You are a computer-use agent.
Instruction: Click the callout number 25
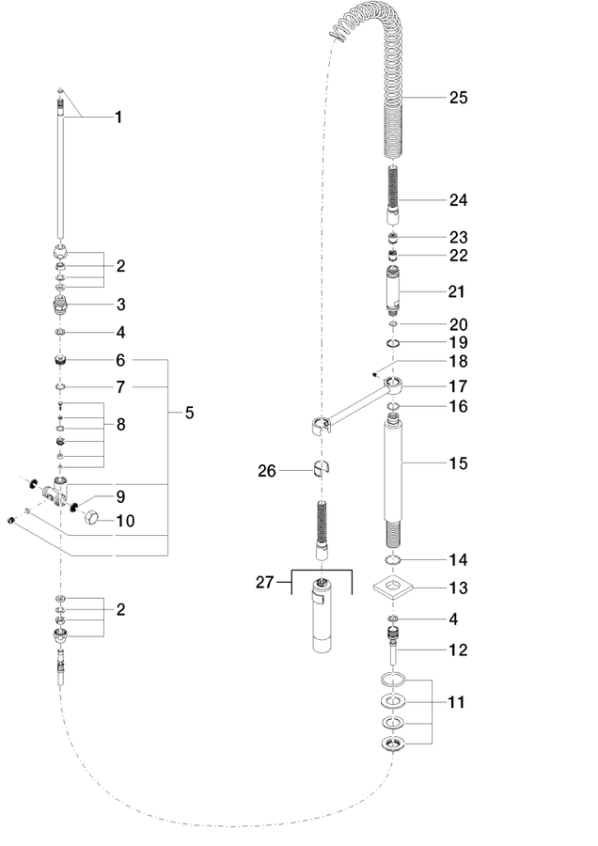pos(458,98)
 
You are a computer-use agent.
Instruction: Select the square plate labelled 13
pos(393,587)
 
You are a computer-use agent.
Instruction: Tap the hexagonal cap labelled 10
pos(92,518)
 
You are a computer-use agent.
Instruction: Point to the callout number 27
pos(264,583)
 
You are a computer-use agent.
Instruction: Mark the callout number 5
pos(189,413)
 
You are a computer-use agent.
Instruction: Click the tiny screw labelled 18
pos(373,371)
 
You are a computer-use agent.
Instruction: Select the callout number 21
pos(457,291)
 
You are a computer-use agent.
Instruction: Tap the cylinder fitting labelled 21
pos(393,290)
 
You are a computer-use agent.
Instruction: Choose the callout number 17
pos(458,386)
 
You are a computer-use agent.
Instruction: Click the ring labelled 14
pos(393,560)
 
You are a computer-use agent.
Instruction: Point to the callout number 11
pos(457,702)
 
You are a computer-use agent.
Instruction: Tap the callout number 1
pos(118,117)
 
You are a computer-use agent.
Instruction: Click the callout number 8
pos(120,425)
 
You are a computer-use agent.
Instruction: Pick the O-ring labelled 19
pos(393,343)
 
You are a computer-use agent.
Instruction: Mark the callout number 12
pos(458,650)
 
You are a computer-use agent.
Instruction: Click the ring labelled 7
pos(60,387)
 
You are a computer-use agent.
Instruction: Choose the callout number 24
pos(458,200)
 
